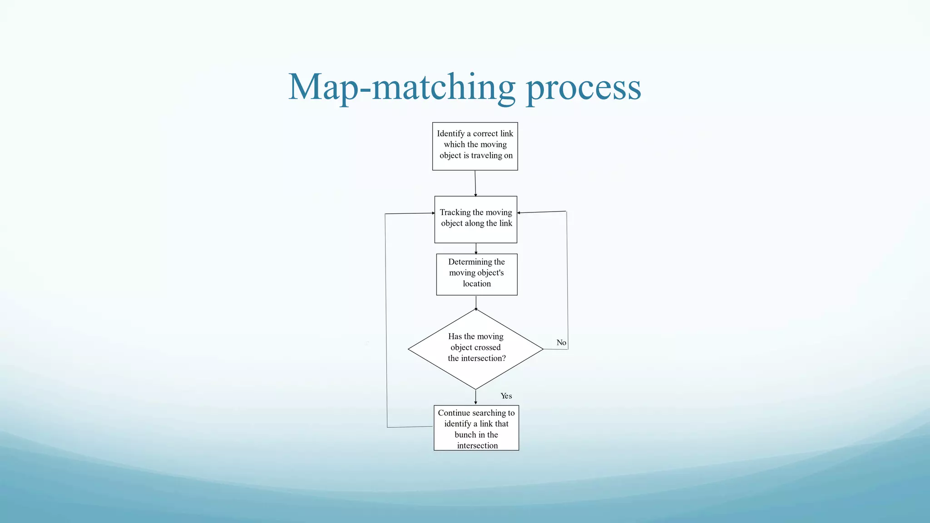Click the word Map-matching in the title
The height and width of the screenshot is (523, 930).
click(401, 87)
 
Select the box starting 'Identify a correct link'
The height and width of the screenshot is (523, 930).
click(475, 146)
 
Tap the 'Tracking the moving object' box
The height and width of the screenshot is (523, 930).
click(475, 219)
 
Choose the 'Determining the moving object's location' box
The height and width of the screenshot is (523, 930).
click(476, 274)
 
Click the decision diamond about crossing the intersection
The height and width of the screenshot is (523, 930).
click(475, 349)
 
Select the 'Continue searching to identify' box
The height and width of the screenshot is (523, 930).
click(476, 428)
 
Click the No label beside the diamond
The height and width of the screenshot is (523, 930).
click(561, 343)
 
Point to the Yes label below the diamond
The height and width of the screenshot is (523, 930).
click(506, 396)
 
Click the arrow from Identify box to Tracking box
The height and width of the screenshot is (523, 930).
click(475, 183)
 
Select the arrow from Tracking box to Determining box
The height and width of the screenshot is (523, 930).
click(476, 248)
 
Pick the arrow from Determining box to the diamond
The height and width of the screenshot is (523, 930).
click(476, 302)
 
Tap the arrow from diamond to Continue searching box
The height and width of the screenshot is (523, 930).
click(475, 397)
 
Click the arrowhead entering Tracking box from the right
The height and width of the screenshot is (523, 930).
click(519, 212)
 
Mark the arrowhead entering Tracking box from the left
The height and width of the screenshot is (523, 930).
click(433, 213)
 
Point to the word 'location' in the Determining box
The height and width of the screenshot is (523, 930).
click(477, 284)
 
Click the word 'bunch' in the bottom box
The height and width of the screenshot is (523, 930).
click(465, 434)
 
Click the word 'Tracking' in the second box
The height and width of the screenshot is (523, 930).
click(455, 212)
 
